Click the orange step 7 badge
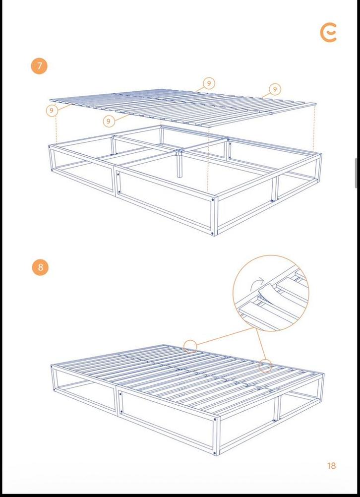coord(39,66)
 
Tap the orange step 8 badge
coord(40,267)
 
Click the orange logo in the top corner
coord(328,33)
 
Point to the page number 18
coord(331,466)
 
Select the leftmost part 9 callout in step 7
coord(53,110)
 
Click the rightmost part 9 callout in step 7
coord(275,89)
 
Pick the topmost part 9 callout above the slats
coord(209,83)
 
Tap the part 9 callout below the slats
coord(109,121)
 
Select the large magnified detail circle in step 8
coord(271,293)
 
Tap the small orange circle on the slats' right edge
coord(266,366)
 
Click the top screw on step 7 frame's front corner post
coord(214,200)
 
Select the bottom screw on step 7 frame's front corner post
coord(214,232)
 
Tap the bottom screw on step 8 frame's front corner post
coord(215,451)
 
